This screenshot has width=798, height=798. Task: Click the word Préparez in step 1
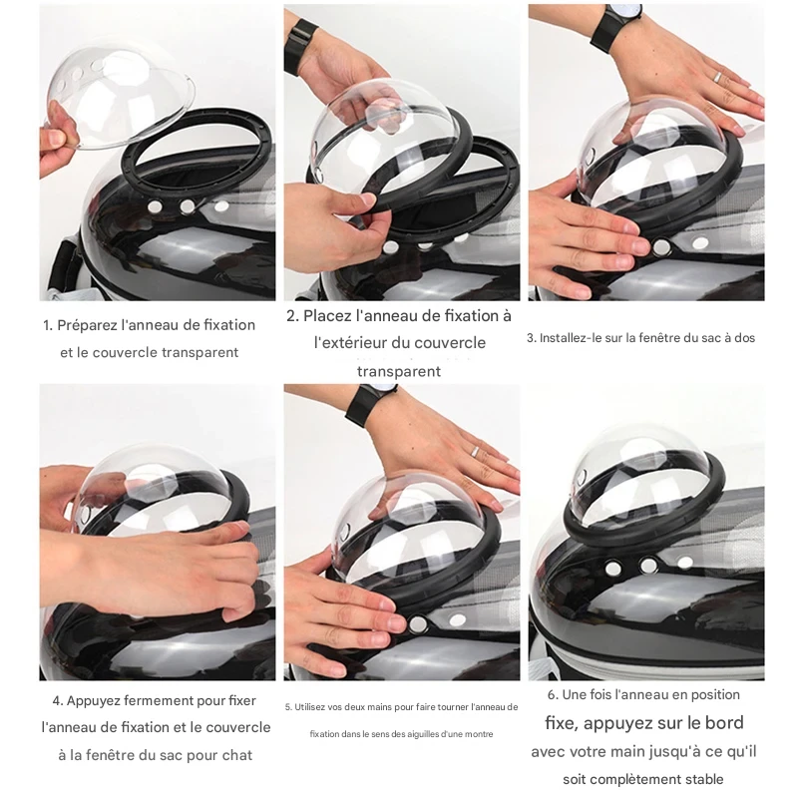(x=87, y=326)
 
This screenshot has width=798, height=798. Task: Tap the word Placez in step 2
(x=326, y=316)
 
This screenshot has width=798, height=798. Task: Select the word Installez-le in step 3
(x=571, y=338)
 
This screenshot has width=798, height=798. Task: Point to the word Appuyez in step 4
(x=93, y=701)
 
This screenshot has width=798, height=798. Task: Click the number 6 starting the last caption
(x=552, y=695)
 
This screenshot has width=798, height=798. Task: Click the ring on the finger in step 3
(x=716, y=77)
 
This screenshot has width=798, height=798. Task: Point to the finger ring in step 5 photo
(x=474, y=451)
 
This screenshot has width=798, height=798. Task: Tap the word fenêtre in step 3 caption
(x=660, y=338)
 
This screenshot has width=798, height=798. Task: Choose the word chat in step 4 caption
(x=236, y=755)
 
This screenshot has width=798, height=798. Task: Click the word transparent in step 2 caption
(x=399, y=371)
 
